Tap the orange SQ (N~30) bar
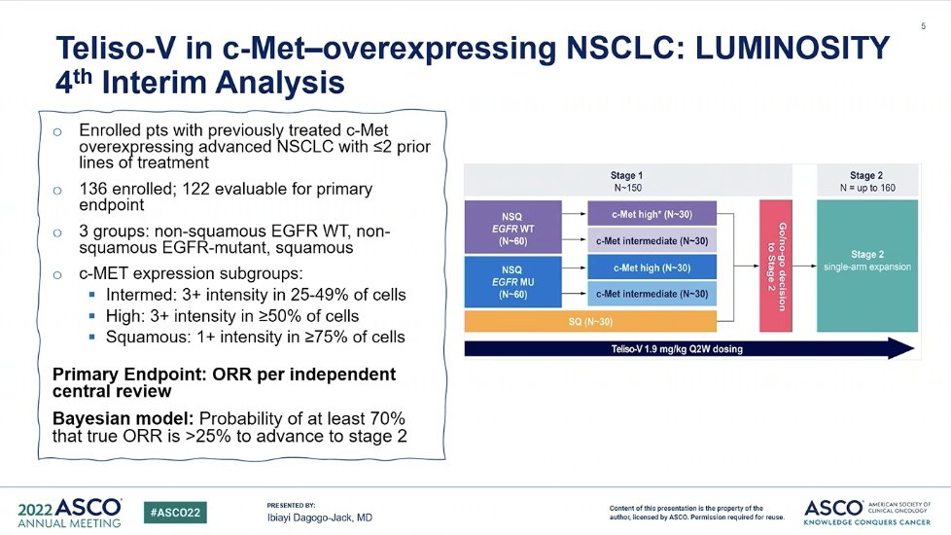590,322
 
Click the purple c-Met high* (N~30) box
652,213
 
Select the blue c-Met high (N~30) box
652,267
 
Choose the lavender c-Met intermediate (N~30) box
652,239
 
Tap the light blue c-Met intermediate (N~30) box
652,294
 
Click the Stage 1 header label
626,175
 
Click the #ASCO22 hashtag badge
174,512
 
